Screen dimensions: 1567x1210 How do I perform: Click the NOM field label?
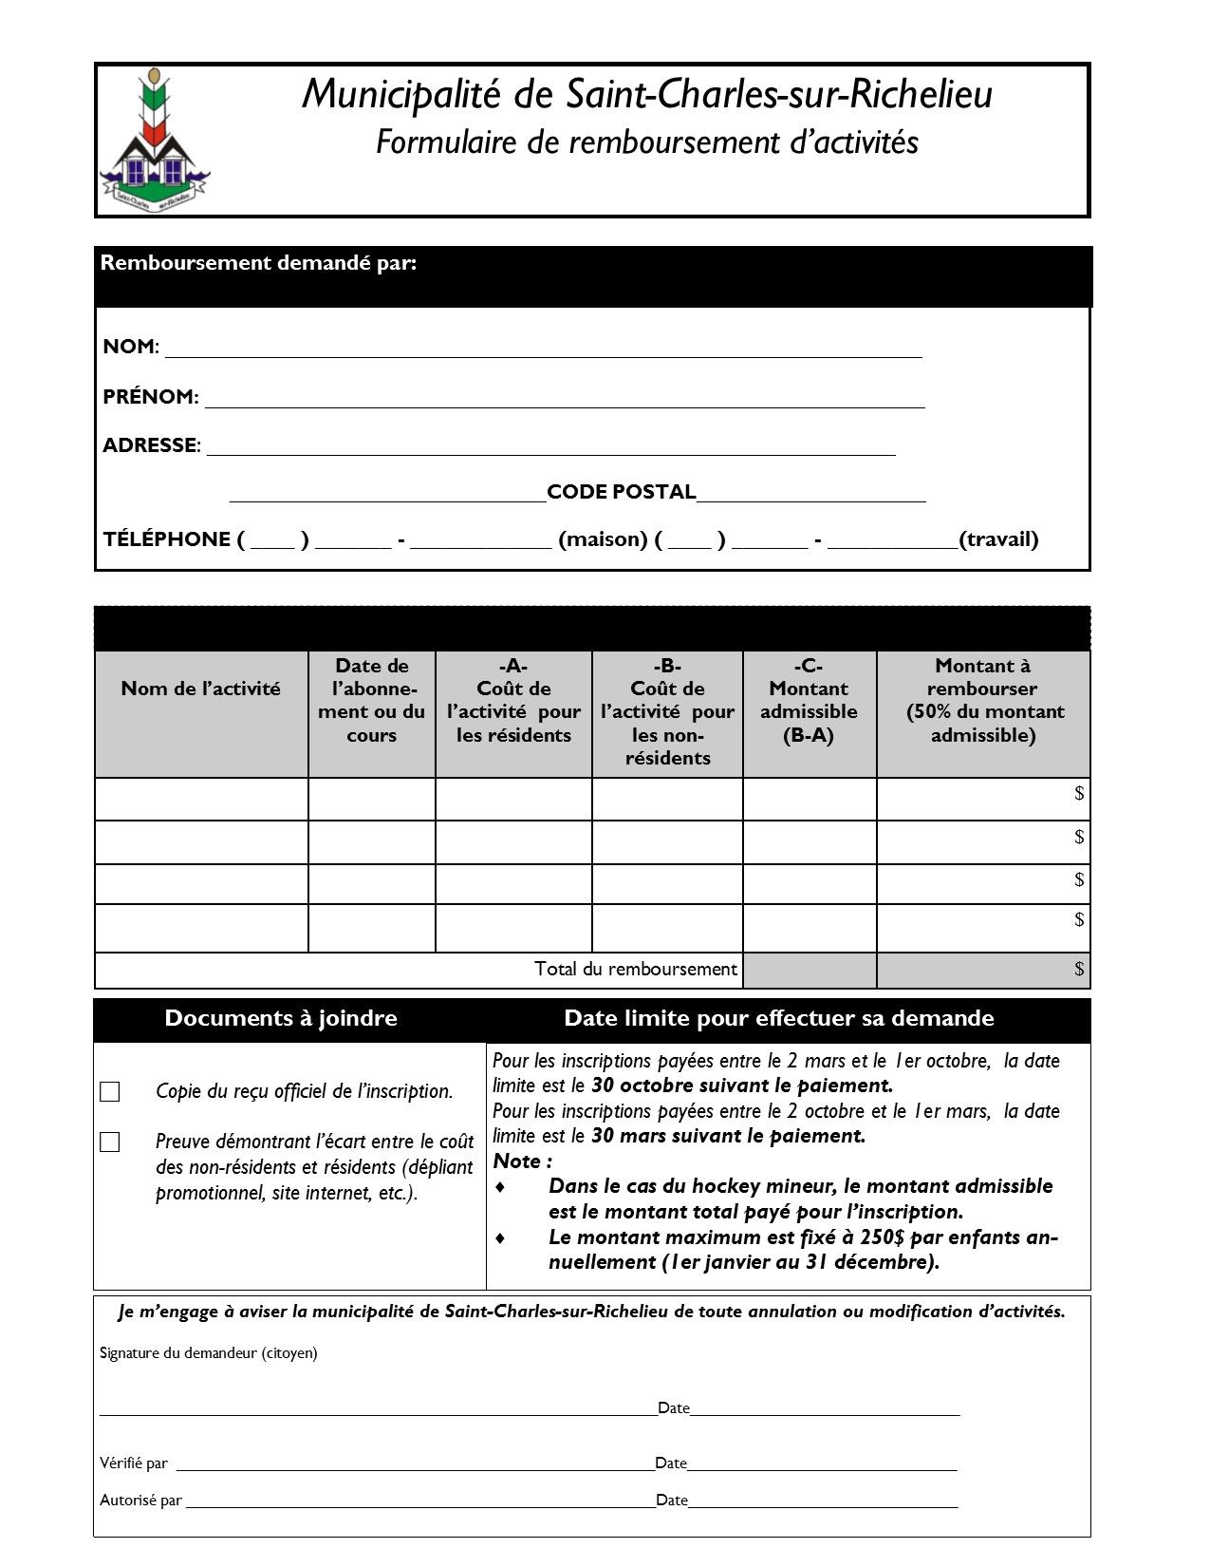130,347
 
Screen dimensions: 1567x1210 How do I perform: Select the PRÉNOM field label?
150,397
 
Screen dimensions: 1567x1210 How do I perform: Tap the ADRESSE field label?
151,445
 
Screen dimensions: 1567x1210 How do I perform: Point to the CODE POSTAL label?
622,492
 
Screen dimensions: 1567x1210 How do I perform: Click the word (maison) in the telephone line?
603,539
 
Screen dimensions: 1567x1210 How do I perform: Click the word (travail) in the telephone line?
998,539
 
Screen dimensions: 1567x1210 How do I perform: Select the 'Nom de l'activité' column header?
201,689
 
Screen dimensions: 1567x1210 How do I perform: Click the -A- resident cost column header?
513,700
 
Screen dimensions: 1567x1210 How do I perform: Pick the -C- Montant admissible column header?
809,700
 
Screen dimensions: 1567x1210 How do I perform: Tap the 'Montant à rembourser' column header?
982,700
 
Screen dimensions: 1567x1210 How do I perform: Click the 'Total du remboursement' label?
636,969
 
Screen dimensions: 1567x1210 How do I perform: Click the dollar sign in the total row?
1079,969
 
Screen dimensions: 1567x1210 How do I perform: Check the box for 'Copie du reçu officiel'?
110,1092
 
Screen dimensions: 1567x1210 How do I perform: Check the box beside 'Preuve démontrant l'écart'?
110,1142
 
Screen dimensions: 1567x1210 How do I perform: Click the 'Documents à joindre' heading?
281,1018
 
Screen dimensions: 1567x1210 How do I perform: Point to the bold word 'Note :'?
522,1161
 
